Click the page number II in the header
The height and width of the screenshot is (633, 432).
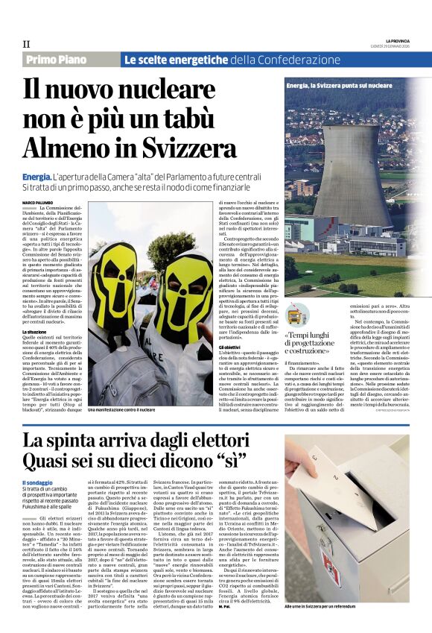[26, 44]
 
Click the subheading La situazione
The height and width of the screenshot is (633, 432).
[36, 331]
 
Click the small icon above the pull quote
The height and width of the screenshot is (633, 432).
[298, 313]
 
